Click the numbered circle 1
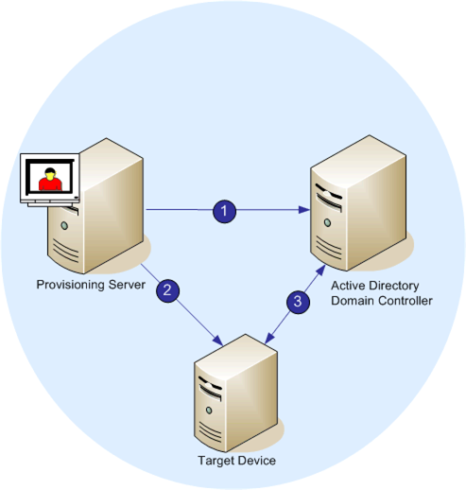click(224, 211)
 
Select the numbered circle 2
click(166, 289)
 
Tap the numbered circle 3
click(298, 302)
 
